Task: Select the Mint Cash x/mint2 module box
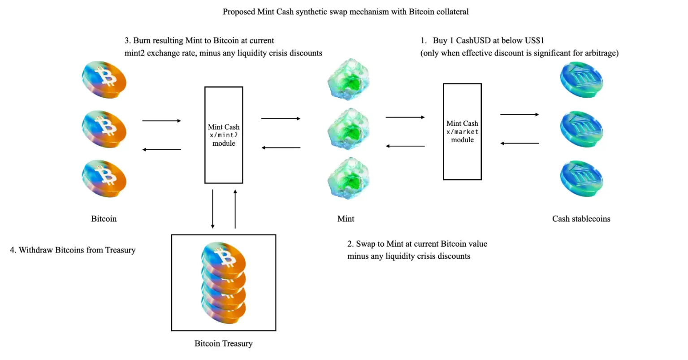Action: tap(224, 135)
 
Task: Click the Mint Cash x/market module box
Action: tap(462, 131)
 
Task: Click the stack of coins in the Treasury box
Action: tap(224, 282)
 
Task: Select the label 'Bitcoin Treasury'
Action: tap(224, 343)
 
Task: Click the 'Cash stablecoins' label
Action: tap(581, 219)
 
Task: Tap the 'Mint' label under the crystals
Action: tap(346, 219)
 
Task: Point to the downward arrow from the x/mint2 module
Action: tap(212, 209)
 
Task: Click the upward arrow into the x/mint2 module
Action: tap(235, 209)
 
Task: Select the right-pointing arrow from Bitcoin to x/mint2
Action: tap(161, 121)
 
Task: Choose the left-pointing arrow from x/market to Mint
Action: tap(405, 146)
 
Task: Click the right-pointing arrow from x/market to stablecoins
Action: tap(519, 115)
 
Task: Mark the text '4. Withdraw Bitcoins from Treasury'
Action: tap(73, 250)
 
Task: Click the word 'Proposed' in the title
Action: tap(239, 12)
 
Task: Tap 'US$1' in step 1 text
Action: tap(534, 40)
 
